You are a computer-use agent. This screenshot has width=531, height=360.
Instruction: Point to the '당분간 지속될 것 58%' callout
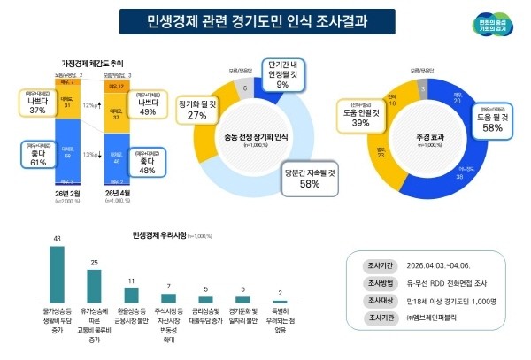[311, 180]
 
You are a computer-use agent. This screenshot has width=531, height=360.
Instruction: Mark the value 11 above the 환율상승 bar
[131, 280]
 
